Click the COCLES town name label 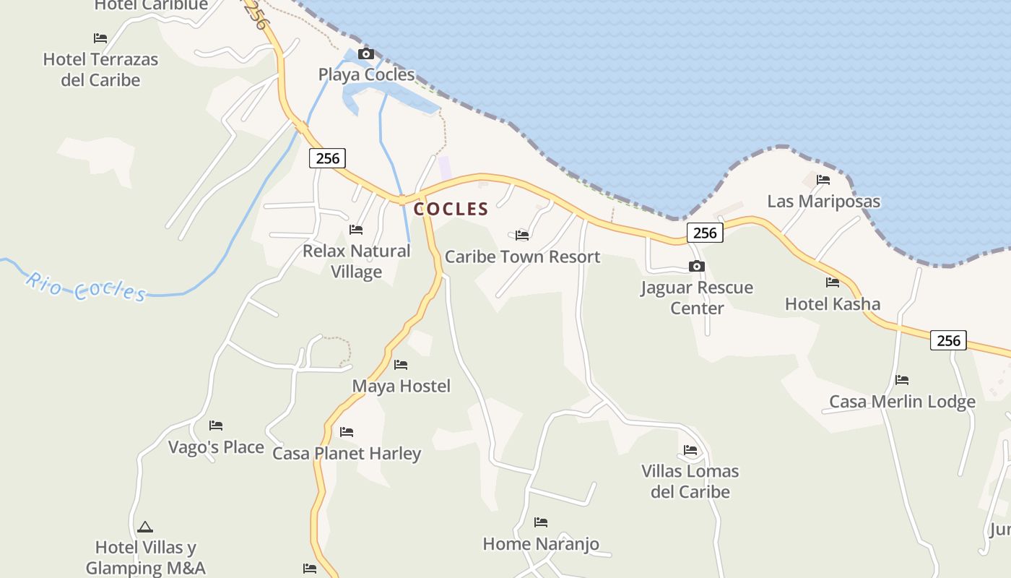[x=451, y=210]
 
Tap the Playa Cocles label [x=367, y=74]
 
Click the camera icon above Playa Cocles [x=366, y=54]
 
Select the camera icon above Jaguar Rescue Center [x=697, y=267]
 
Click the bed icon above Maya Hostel [x=401, y=365]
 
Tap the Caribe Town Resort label [x=522, y=256]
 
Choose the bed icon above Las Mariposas [x=823, y=180]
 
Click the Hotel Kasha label [x=833, y=303]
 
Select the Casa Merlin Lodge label [x=902, y=402]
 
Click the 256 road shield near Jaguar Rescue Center [x=705, y=233]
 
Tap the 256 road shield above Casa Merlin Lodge [x=948, y=340]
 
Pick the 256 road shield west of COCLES [x=327, y=158]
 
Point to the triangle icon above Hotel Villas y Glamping [x=145, y=527]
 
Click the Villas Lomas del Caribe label [x=690, y=481]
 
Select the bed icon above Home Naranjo [x=541, y=522]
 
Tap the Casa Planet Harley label [x=347, y=454]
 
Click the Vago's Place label [x=216, y=447]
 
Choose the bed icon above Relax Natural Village [x=356, y=230]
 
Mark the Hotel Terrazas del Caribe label [x=100, y=69]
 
